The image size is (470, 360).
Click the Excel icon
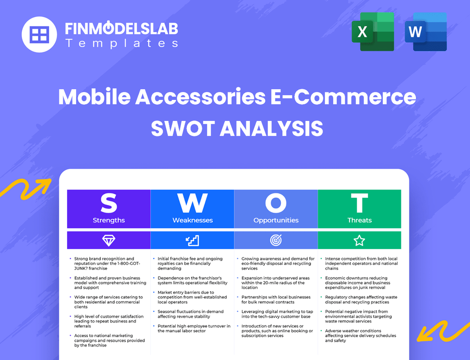pyautogui.click(x=373, y=32)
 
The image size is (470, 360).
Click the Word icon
pyautogui.click(x=426, y=32)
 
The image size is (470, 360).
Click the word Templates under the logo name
pyautogui.click(x=121, y=43)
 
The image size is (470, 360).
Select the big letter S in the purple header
pyautogui.click(x=109, y=204)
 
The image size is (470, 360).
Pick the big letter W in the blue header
pyautogui.click(x=192, y=204)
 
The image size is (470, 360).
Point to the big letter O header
pyautogui.click(x=276, y=204)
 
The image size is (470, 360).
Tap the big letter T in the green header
pyautogui.click(x=359, y=204)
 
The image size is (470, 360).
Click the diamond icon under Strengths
pyautogui.click(x=109, y=240)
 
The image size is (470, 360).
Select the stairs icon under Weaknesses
pyautogui.click(x=192, y=240)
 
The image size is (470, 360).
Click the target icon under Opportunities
pyautogui.click(x=276, y=240)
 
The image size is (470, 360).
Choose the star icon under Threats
pyautogui.click(x=359, y=240)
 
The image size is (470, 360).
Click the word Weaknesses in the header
pyautogui.click(x=192, y=220)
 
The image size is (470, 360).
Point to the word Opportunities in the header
pyautogui.click(x=276, y=220)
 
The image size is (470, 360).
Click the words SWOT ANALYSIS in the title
pyautogui.click(x=237, y=128)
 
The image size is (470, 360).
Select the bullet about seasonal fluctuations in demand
pyautogui.click(x=190, y=314)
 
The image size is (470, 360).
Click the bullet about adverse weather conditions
pyautogui.click(x=360, y=336)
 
